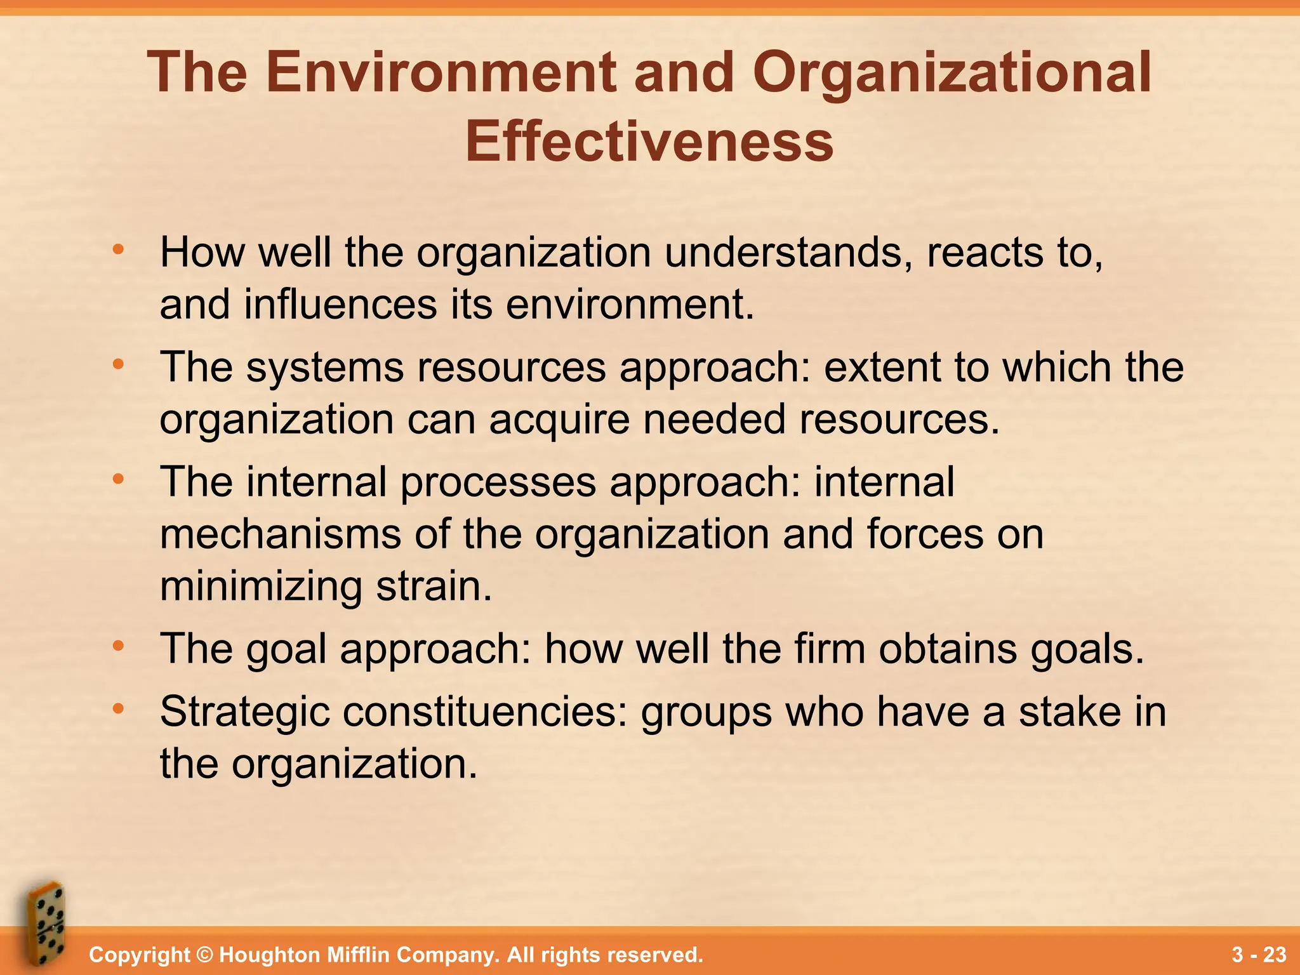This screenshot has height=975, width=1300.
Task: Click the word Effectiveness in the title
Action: (649, 142)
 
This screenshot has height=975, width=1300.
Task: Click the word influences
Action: (340, 304)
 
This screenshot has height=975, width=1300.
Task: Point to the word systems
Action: (324, 368)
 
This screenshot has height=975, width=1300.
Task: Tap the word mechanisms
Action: (280, 534)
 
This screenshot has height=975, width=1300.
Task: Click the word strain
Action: (434, 585)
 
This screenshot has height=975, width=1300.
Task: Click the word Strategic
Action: (244, 712)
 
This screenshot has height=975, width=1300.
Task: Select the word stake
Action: (1070, 712)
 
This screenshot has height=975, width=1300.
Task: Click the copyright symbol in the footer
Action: (204, 955)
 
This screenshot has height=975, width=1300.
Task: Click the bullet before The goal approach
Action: (118, 646)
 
